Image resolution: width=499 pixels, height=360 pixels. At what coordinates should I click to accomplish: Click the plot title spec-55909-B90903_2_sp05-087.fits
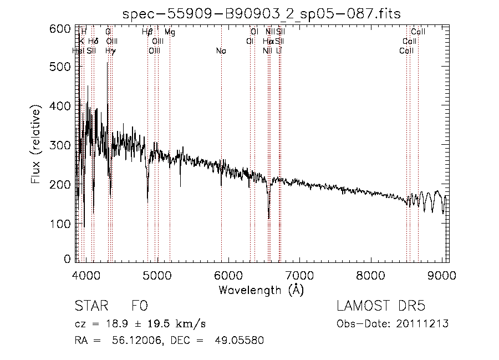click(x=261, y=13)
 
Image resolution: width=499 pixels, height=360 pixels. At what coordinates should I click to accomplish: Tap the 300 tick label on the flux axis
click(x=62, y=145)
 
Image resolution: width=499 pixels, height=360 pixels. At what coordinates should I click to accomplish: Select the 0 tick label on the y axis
click(x=68, y=259)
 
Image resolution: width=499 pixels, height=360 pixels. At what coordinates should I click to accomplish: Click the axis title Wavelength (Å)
click(x=261, y=290)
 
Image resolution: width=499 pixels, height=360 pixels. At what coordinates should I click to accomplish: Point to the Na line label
click(x=221, y=51)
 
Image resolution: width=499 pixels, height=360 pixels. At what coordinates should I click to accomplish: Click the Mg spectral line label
click(x=170, y=33)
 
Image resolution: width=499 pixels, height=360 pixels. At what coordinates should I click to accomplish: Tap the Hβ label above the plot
click(x=147, y=33)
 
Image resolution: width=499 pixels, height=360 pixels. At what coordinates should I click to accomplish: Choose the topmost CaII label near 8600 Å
click(x=417, y=32)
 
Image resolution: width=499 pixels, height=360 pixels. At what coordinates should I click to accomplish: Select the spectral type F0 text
click(x=139, y=306)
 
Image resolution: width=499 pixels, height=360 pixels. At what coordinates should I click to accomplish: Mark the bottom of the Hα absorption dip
click(x=269, y=218)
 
